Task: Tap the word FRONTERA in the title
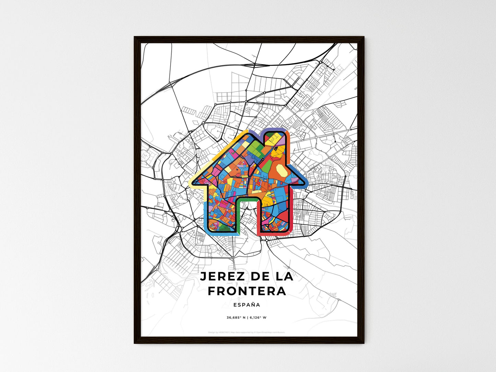(x=247, y=291)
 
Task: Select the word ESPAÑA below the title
(x=246, y=305)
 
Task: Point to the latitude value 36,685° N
(x=236, y=317)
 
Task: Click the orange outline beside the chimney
(x=289, y=151)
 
